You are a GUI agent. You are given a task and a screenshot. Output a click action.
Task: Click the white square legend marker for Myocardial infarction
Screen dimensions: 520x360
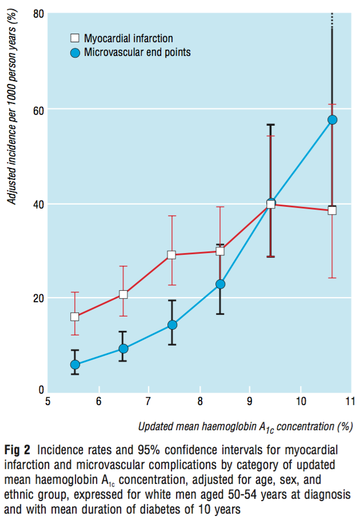point(74,38)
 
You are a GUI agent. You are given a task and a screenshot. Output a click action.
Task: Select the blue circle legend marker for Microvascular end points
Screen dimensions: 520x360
point(74,53)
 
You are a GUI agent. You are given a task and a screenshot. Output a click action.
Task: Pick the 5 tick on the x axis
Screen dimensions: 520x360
point(49,400)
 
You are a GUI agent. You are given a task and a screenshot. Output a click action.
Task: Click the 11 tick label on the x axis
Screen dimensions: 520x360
point(350,400)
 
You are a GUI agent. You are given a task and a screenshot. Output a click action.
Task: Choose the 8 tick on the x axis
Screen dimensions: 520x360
point(199,400)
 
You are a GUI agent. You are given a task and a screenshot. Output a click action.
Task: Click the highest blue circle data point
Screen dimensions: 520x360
point(332,119)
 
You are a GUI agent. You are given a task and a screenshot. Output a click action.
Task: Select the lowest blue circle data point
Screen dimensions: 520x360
point(75,365)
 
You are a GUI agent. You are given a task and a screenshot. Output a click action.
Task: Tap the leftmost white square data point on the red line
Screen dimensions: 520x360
point(75,317)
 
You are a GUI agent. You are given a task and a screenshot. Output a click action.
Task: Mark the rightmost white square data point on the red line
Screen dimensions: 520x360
point(332,210)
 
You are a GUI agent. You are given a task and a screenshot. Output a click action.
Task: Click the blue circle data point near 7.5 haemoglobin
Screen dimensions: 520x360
point(172,325)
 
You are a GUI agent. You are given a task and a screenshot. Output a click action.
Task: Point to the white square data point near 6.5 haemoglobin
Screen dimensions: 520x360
point(123,295)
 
